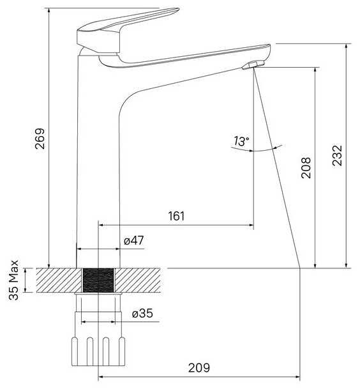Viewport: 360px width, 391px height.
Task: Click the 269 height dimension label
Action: point(40,139)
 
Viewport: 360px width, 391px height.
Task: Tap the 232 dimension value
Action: point(337,156)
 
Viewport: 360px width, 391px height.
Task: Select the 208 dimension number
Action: point(306,168)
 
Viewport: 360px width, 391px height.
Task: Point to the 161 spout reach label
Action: point(176,216)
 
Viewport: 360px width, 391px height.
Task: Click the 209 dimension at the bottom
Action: point(199,367)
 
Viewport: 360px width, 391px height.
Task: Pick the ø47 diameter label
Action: point(134,240)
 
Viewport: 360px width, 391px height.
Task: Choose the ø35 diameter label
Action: point(142,313)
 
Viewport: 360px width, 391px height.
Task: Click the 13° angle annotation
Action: point(241,141)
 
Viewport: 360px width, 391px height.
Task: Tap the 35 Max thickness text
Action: point(13,280)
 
